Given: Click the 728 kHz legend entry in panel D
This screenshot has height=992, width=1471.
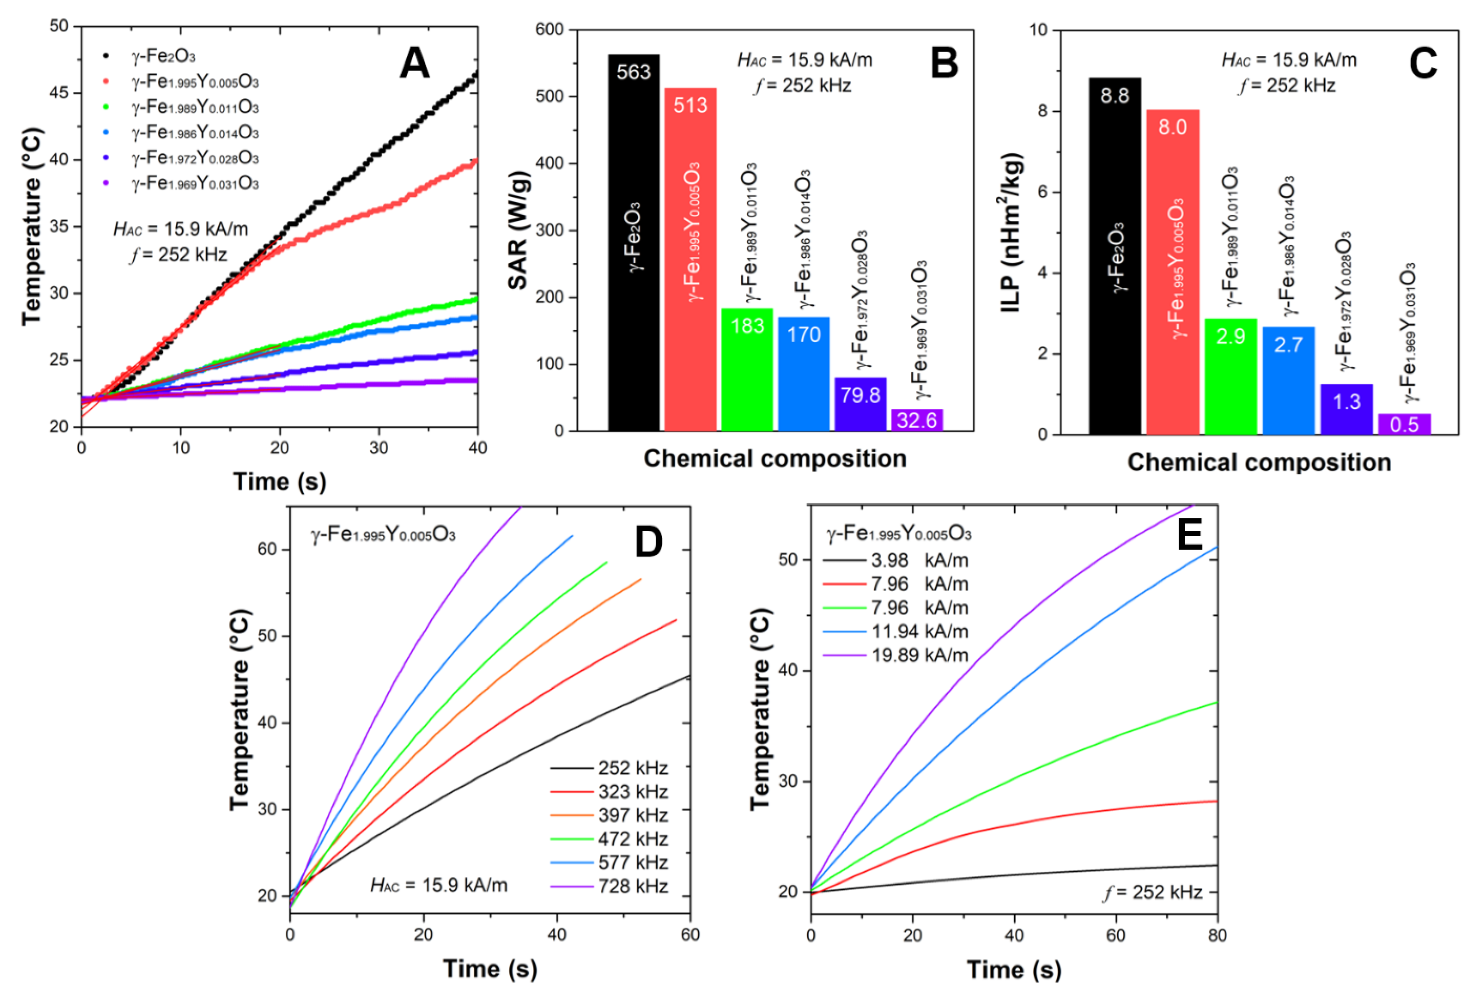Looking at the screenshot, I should (x=610, y=886).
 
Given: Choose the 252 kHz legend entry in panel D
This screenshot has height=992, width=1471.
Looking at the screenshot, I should (x=610, y=768).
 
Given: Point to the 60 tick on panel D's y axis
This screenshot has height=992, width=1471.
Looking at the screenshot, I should (x=267, y=549).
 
